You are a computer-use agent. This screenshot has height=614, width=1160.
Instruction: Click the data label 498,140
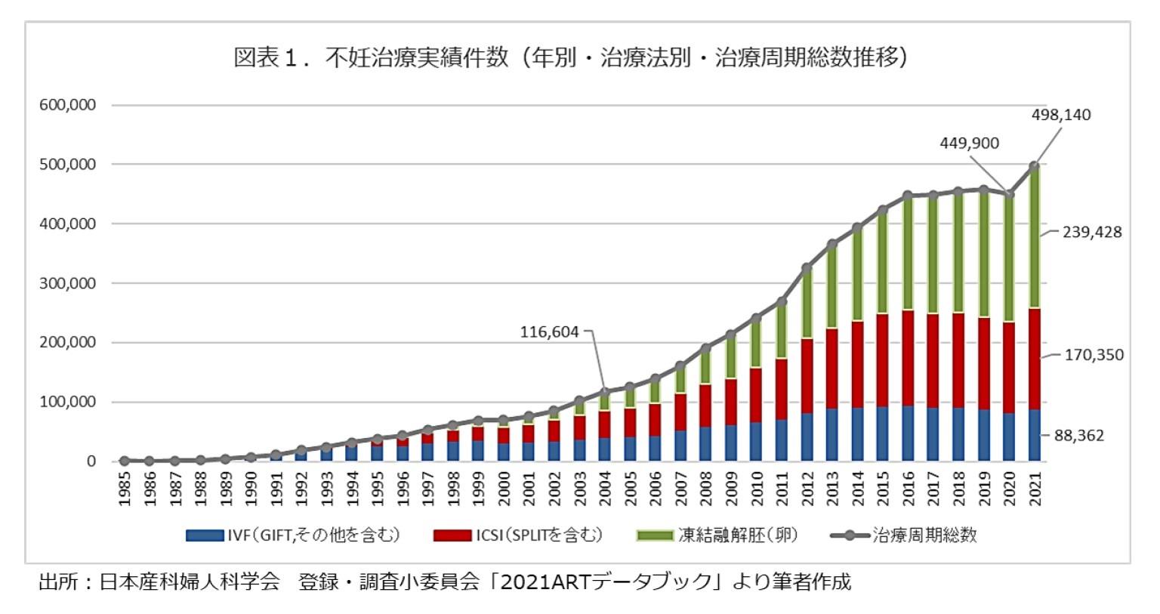(x=1061, y=115)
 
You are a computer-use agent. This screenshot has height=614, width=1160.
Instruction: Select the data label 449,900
(x=969, y=143)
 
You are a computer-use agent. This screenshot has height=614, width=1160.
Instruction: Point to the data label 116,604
(x=549, y=332)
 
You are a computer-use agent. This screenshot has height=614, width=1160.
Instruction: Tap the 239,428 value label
(x=1092, y=232)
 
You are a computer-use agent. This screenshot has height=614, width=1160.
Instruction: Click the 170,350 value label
(x=1094, y=354)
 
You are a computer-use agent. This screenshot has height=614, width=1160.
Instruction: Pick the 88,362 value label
(x=1078, y=435)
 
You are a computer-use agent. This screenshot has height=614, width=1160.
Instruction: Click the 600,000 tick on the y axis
(x=68, y=105)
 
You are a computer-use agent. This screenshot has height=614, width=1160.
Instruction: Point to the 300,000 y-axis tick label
(x=68, y=283)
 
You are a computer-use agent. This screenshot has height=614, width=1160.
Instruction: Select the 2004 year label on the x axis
(x=605, y=489)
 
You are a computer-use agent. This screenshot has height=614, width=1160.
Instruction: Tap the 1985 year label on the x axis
(x=125, y=489)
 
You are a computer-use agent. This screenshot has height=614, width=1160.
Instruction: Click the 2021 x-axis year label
(x=1035, y=489)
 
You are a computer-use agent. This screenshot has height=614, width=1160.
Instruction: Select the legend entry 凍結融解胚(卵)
(x=717, y=535)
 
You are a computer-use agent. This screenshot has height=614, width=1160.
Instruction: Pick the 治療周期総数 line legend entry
(x=904, y=535)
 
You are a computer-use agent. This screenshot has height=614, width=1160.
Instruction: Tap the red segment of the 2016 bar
(x=908, y=358)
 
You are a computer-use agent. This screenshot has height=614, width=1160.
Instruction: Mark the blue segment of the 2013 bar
(x=832, y=435)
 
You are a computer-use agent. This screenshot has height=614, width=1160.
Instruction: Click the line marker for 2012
(x=807, y=268)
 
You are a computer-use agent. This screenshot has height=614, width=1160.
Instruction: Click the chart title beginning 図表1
(x=570, y=57)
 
